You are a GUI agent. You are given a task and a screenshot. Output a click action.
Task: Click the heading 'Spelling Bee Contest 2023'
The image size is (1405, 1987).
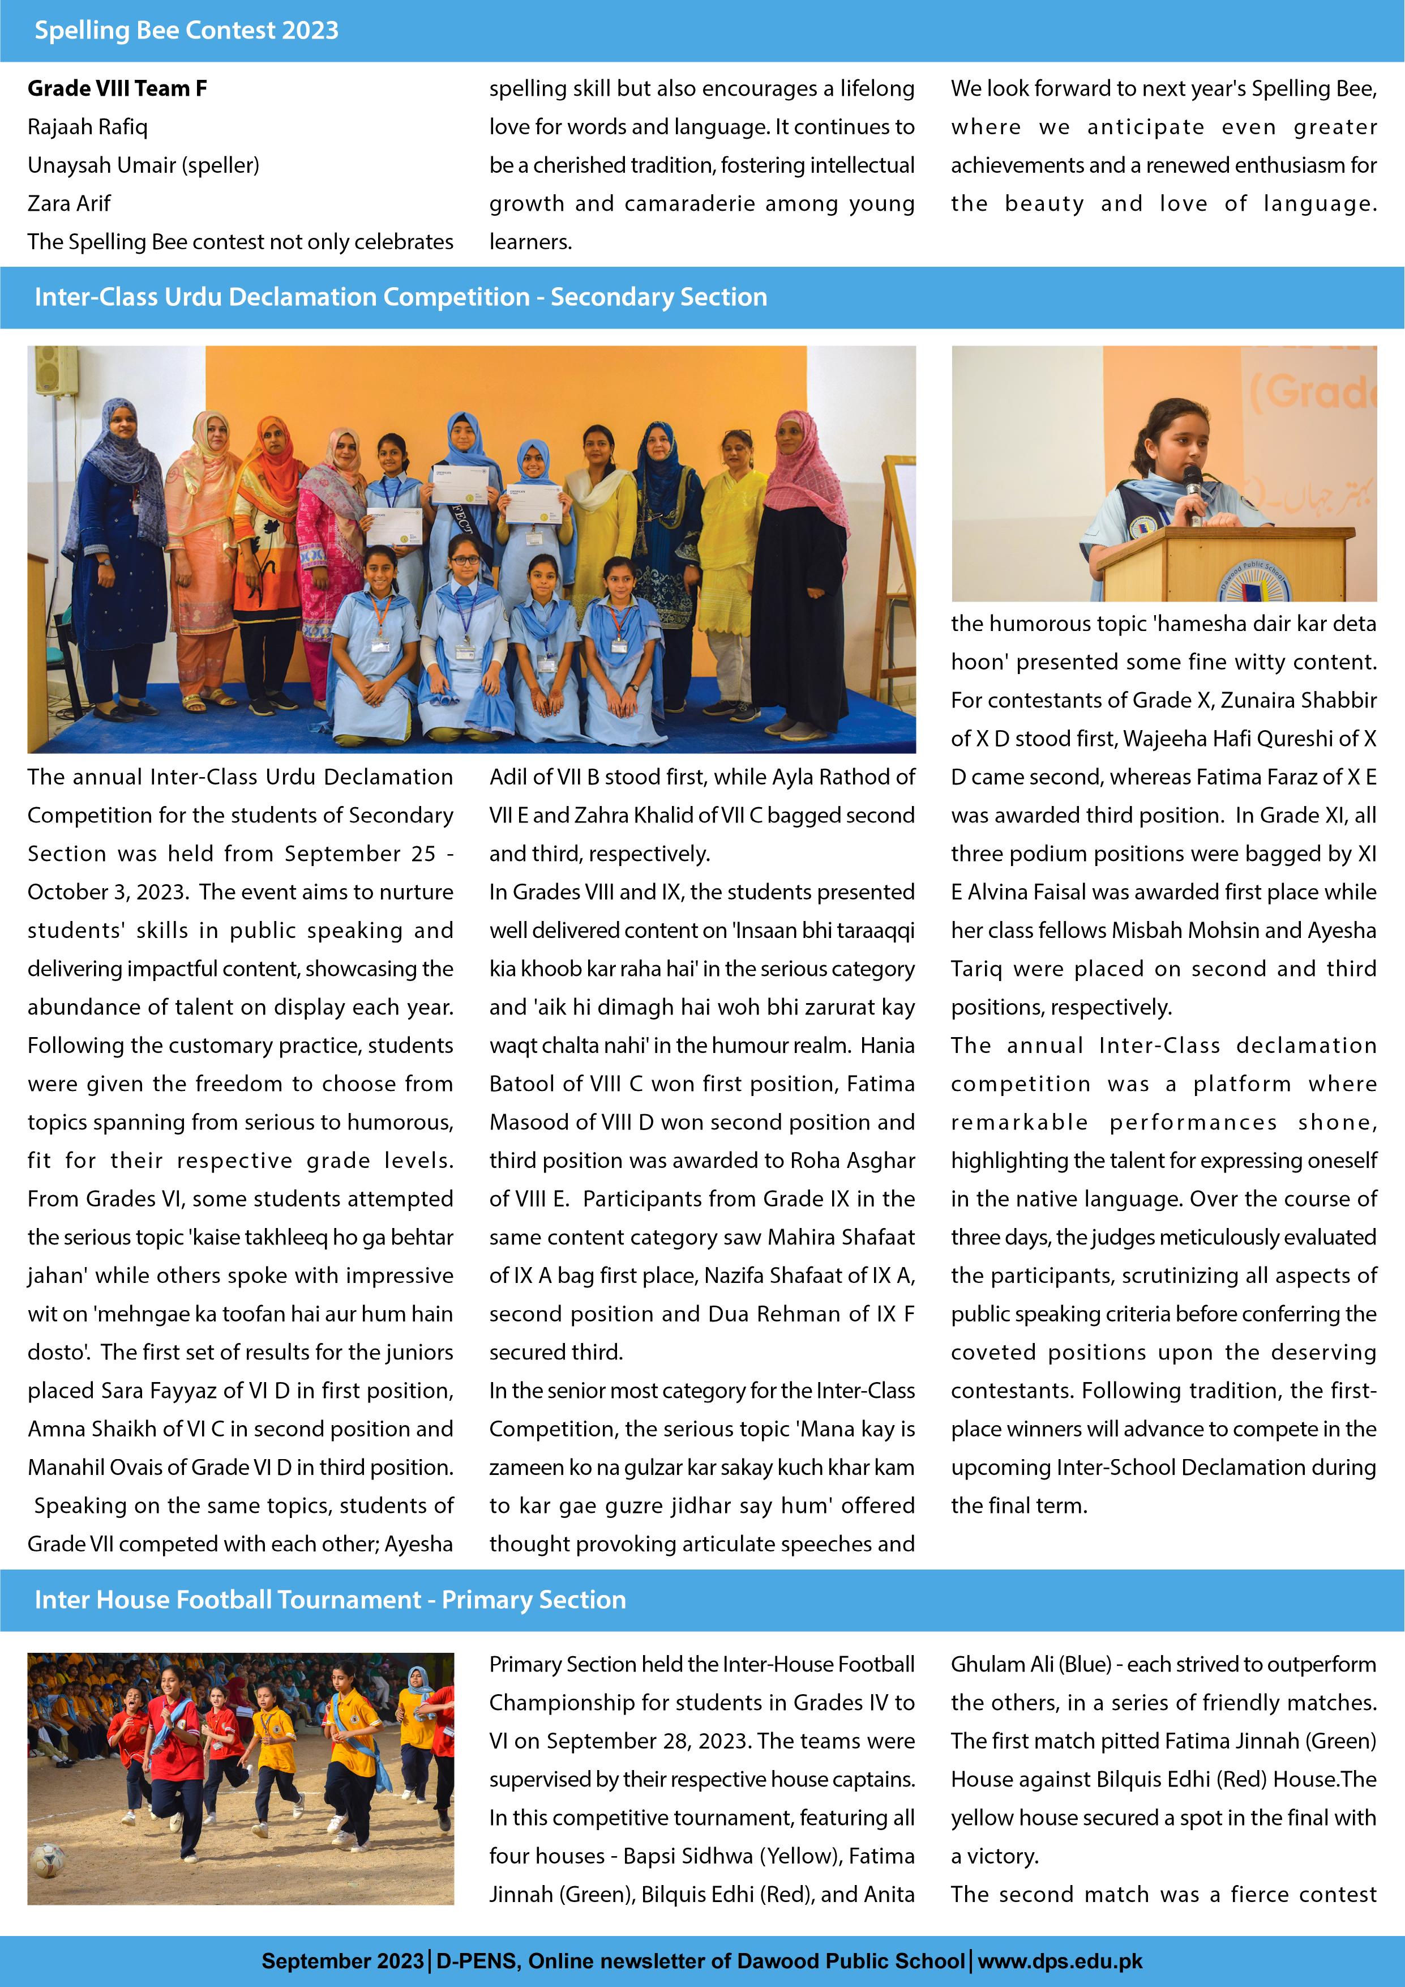pyautogui.click(x=186, y=30)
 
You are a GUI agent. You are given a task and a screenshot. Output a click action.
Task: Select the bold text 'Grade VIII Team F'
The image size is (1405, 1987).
pyautogui.click(x=117, y=88)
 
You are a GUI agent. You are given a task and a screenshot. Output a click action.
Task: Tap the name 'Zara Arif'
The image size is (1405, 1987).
pyautogui.click(x=69, y=203)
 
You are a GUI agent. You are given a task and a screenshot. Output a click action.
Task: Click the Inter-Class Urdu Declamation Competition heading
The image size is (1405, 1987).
pyautogui.click(x=401, y=297)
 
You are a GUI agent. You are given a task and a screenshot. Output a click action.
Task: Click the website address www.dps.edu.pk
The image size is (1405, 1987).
pyautogui.click(x=1060, y=1961)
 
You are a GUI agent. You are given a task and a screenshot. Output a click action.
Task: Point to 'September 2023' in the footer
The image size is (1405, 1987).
pyautogui.click(x=331, y=1961)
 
